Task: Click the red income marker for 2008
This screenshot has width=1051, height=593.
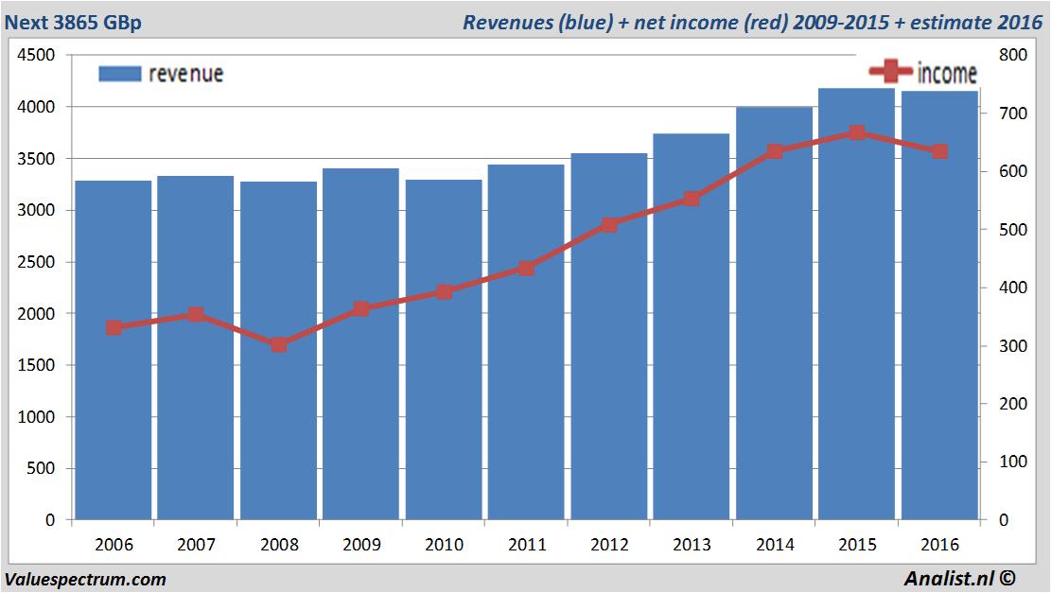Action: point(279,344)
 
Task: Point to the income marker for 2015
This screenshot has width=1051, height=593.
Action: point(857,132)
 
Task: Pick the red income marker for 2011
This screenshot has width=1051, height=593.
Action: point(527,269)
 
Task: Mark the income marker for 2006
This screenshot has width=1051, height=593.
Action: point(114,327)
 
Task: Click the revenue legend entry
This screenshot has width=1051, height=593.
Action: point(162,74)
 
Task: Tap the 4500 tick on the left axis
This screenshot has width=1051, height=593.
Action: point(37,56)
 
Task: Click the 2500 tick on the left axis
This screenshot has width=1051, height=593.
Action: point(37,262)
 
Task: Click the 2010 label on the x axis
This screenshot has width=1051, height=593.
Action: point(444,545)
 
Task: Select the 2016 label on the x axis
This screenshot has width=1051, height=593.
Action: point(939,545)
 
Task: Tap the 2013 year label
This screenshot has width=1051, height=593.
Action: point(692,545)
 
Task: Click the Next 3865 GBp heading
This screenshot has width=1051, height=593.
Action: point(73,22)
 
